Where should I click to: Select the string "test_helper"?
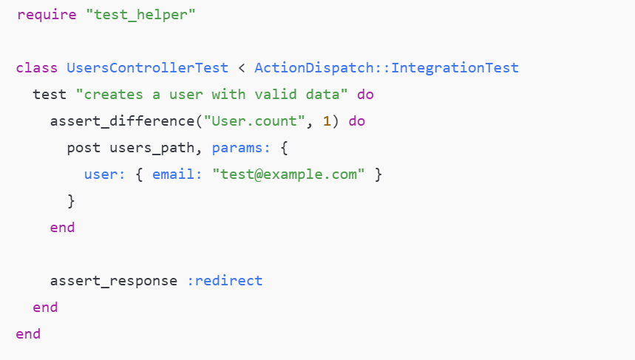(x=140, y=15)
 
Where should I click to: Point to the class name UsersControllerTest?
(x=147, y=68)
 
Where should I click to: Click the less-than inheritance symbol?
(x=242, y=68)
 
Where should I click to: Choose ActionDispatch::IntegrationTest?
(x=386, y=68)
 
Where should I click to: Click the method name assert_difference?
(x=122, y=121)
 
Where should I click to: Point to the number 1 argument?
(x=327, y=121)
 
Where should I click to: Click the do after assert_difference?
(x=357, y=121)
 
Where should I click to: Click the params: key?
(x=237, y=148)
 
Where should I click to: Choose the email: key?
(x=177, y=174)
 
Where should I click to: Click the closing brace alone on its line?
(x=71, y=201)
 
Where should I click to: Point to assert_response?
(x=113, y=281)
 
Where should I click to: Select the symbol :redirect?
(x=224, y=281)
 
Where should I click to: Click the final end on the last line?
(x=28, y=334)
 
